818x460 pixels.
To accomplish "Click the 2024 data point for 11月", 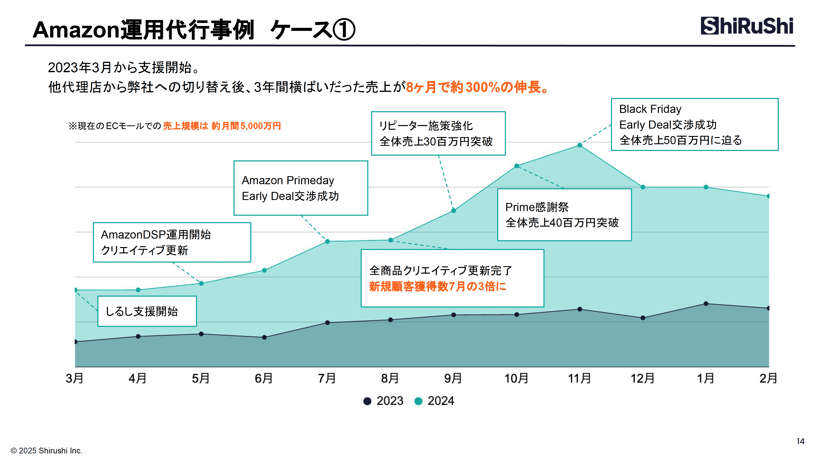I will (x=579, y=145).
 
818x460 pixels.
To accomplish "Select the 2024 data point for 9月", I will (x=454, y=210).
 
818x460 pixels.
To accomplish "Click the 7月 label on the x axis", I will (x=327, y=378).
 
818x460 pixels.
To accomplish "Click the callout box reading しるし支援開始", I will (x=147, y=311).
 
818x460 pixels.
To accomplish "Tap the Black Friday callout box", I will (x=694, y=124).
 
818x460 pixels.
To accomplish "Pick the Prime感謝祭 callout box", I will (x=564, y=215).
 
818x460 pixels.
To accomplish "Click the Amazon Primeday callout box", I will (x=300, y=188).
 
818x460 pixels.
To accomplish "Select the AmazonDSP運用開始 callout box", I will (x=172, y=242).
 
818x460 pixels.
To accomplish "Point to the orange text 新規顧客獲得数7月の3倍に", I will (x=438, y=286).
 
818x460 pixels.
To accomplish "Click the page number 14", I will (x=800, y=441).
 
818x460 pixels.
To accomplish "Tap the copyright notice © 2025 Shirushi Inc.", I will (x=46, y=450).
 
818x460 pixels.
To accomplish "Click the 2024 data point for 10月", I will (x=517, y=166).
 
